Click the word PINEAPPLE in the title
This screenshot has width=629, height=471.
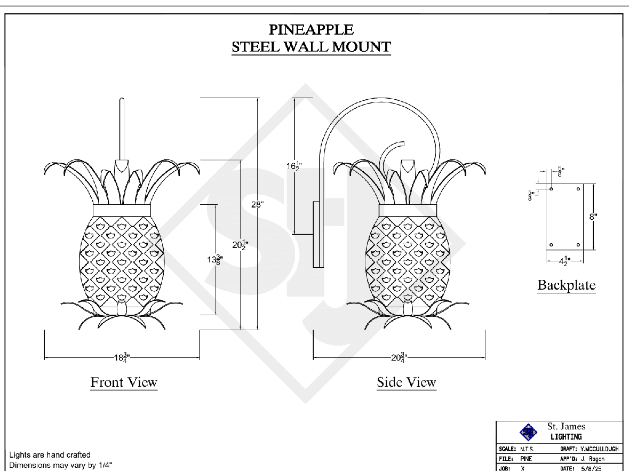[311, 29]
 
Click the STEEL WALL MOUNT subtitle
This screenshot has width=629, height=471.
[311, 46]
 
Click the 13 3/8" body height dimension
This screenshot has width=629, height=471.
[215, 260]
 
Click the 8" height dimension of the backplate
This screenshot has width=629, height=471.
[593, 216]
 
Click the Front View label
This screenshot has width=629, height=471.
[124, 382]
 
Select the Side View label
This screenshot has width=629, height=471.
[407, 382]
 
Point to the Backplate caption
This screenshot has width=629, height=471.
[566, 285]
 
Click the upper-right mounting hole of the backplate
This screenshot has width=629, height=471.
[579, 189]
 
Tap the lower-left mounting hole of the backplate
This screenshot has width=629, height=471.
[551, 245]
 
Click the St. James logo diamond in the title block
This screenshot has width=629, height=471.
[528, 432]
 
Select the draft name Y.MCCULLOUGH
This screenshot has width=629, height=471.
[600, 449]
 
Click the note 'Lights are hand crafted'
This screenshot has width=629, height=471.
[50, 455]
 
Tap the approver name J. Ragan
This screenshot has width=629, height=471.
[592, 459]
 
